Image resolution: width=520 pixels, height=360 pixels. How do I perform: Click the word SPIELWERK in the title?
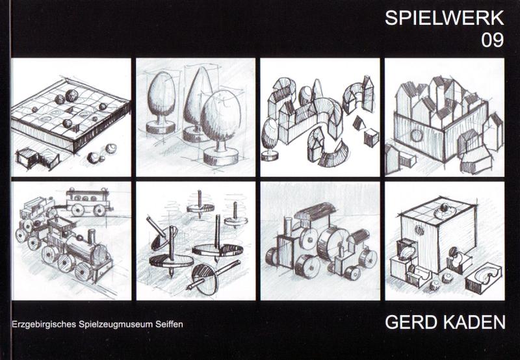(445, 18)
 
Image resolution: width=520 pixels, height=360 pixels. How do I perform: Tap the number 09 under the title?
(493, 40)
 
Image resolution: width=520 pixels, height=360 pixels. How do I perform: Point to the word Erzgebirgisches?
(44, 324)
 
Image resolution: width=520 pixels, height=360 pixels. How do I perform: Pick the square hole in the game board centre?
(71, 110)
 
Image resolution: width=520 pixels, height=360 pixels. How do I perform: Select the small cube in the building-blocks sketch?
(371, 138)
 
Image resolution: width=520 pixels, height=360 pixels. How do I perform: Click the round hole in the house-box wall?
(416, 135)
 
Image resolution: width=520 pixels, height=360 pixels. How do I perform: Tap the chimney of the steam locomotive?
(91, 237)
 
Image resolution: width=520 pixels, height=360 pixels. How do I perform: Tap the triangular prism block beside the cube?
(358, 124)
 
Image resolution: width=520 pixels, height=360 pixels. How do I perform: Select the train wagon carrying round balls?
(88, 201)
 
